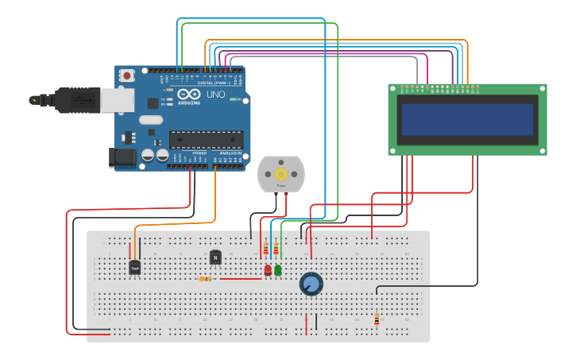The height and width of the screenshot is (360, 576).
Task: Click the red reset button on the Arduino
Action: pos(127,75)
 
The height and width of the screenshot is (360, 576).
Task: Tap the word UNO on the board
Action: pos(216,95)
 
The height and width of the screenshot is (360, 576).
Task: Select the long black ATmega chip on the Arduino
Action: pos(206,140)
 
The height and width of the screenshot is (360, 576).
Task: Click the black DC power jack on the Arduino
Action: pos(122,157)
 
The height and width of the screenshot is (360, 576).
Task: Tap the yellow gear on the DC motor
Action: pos(280,173)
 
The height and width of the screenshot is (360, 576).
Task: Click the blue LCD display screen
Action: pos(467,119)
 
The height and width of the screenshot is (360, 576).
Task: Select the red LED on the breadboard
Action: pos(268,271)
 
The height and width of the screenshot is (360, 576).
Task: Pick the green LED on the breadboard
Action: pos(277,271)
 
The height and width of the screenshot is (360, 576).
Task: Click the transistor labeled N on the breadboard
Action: pos(215,257)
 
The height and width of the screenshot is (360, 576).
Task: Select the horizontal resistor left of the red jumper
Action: pos(206,279)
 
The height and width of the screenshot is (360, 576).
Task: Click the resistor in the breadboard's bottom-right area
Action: pos(377,319)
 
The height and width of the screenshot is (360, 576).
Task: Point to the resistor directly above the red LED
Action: pos(265,250)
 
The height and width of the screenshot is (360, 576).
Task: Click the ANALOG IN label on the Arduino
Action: pos(230,153)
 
